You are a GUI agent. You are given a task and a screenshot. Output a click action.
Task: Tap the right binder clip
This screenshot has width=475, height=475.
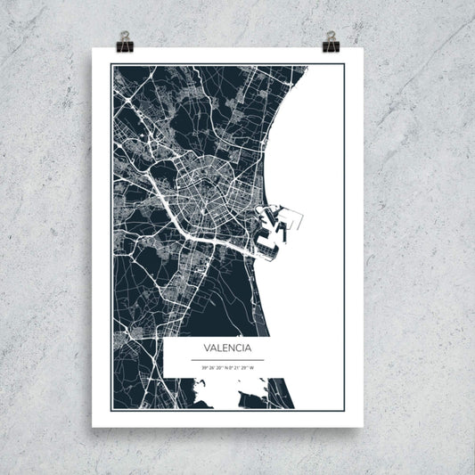[332, 40]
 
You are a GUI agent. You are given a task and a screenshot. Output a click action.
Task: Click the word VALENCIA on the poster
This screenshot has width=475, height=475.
[227, 347]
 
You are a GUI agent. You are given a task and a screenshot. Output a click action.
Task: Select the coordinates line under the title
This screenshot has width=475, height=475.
[227, 366]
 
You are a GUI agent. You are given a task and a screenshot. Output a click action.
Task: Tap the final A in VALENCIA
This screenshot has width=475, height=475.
[248, 347]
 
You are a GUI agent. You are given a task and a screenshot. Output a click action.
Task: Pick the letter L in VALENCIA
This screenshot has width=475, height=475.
[218, 347]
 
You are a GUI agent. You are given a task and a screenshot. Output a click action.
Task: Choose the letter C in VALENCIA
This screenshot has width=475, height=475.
[236, 347]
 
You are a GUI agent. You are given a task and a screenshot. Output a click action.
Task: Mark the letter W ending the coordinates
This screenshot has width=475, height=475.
[252, 366]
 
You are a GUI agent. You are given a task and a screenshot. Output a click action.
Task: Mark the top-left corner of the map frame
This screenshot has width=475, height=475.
[111, 65]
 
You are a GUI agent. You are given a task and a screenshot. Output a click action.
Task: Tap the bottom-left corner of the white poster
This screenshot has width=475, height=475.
[92, 427]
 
